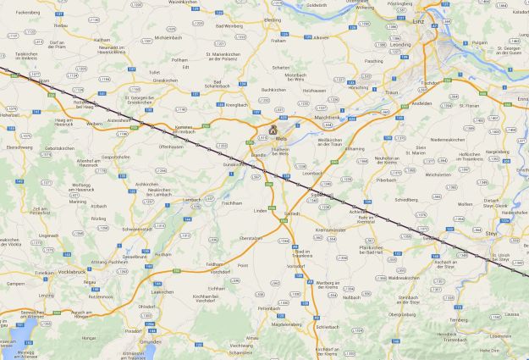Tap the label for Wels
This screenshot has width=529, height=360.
(x=281, y=138)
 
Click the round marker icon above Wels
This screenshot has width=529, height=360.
(x=273, y=130)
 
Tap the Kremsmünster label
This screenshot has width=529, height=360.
(x=329, y=230)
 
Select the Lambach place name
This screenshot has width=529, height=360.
(x=191, y=200)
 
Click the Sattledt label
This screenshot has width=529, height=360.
(x=292, y=213)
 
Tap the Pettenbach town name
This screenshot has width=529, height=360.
(x=269, y=308)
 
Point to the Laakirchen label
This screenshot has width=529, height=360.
(x=163, y=291)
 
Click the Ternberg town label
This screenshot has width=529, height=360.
(x=458, y=320)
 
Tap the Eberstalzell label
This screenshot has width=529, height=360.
(x=251, y=238)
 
